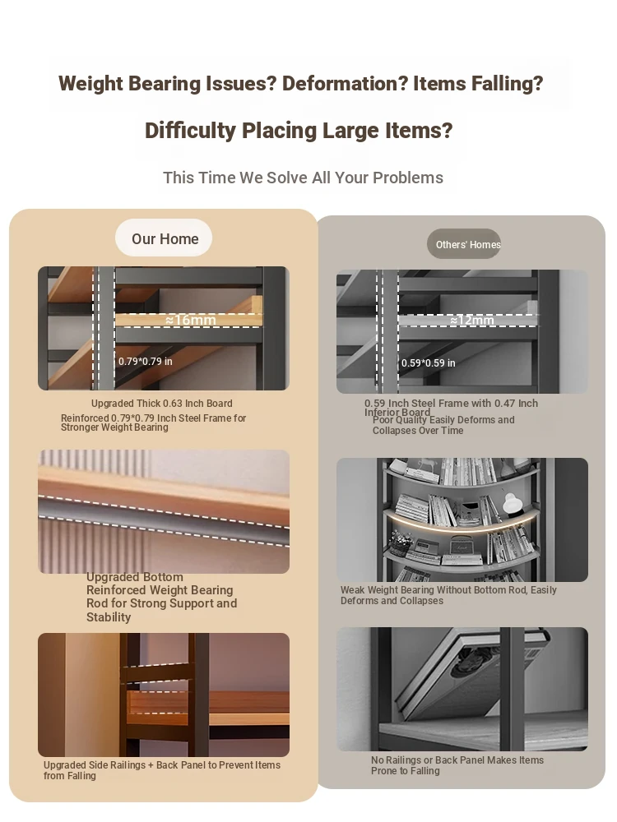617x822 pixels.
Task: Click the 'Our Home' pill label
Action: (165, 238)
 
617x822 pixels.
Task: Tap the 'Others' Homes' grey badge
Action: (464, 244)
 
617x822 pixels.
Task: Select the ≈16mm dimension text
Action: (191, 320)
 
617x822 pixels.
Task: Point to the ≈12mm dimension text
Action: (471, 320)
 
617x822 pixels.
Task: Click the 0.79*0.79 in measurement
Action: (146, 361)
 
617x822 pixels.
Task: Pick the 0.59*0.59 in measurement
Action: (428, 363)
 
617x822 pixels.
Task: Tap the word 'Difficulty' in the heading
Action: (190, 131)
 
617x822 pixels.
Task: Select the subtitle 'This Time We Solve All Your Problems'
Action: (303, 178)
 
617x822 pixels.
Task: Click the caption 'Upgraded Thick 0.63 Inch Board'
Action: (161, 403)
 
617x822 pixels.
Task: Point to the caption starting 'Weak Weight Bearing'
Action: (448, 595)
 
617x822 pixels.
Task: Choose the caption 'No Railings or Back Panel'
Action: (457, 765)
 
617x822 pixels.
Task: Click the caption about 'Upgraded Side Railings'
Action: (161, 770)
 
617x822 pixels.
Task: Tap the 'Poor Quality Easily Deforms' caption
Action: (443, 425)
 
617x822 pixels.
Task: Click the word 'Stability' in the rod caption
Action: (109, 617)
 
